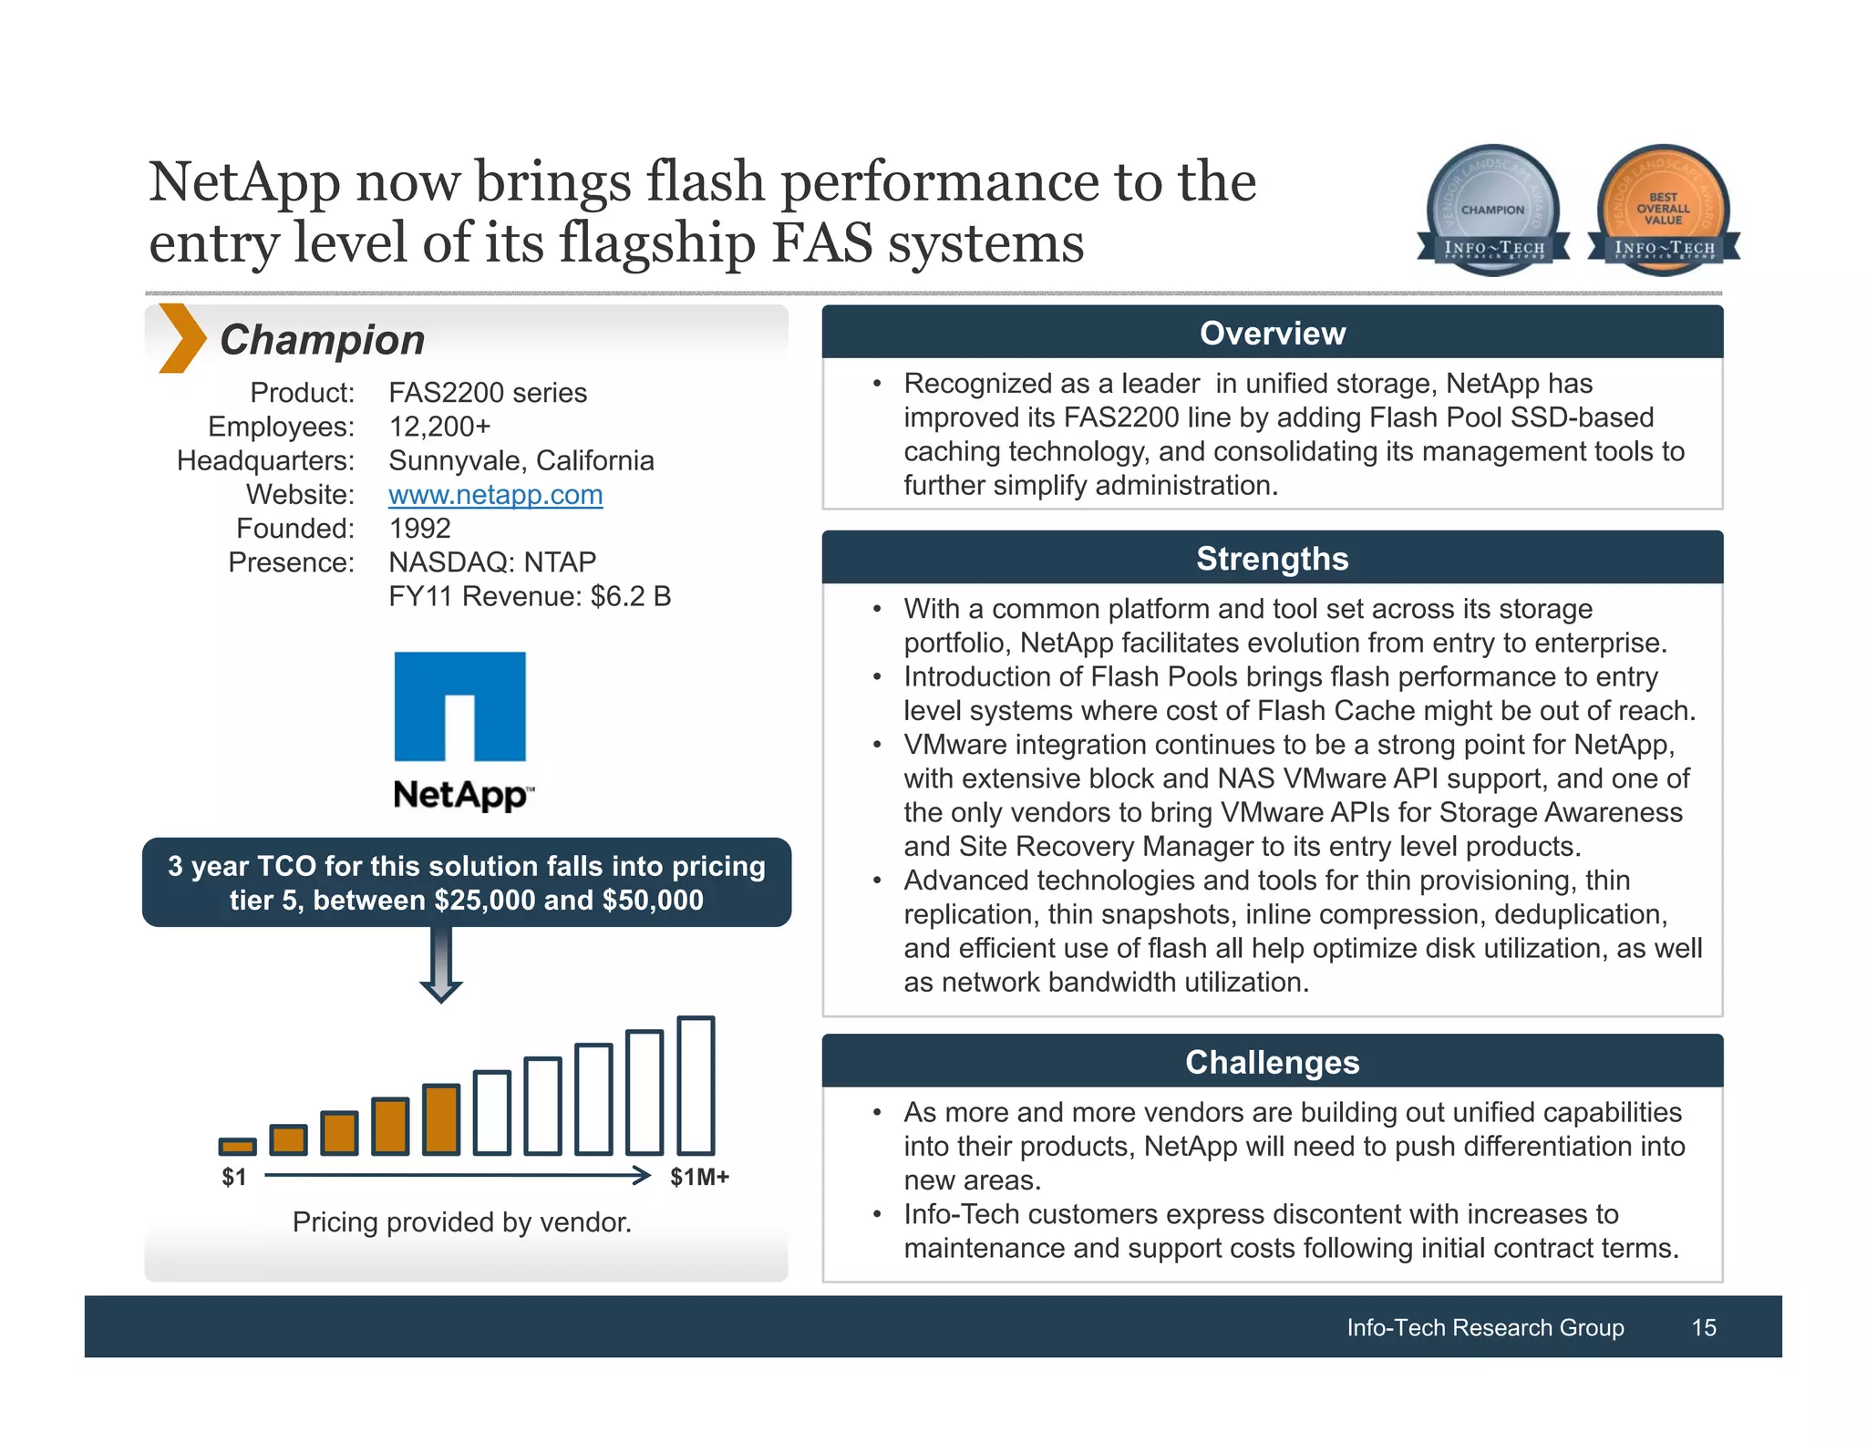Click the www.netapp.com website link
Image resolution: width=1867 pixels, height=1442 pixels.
[495, 495]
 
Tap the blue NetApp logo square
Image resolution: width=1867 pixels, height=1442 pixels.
[459, 706]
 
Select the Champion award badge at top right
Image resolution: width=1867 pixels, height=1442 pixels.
[1492, 209]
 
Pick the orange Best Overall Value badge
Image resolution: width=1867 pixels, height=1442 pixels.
[1663, 209]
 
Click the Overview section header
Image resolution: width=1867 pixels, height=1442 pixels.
[1272, 333]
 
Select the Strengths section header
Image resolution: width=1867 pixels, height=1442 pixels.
[1272, 558]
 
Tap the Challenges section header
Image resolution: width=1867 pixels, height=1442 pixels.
[1272, 1062]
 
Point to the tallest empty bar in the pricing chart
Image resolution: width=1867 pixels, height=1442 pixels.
[696, 1086]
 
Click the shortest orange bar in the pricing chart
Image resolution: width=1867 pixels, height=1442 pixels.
[238, 1146]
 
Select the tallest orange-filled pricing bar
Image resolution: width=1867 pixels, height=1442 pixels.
[442, 1119]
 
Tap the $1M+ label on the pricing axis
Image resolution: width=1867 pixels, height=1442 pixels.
[699, 1177]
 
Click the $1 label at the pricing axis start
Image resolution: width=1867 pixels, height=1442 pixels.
[234, 1177]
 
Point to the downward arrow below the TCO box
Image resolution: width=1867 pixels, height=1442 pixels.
[441, 965]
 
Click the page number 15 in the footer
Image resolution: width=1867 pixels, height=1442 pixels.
[1703, 1327]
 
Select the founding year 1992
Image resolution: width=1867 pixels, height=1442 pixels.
[419, 529]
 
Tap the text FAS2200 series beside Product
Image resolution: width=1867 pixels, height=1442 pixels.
[488, 393]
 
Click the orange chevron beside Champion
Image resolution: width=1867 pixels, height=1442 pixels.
[181, 338]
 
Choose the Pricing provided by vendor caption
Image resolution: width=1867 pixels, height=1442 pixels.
[461, 1221]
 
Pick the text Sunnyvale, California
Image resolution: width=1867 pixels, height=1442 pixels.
[521, 460]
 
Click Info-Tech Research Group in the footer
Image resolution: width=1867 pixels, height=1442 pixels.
[1485, 1327]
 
